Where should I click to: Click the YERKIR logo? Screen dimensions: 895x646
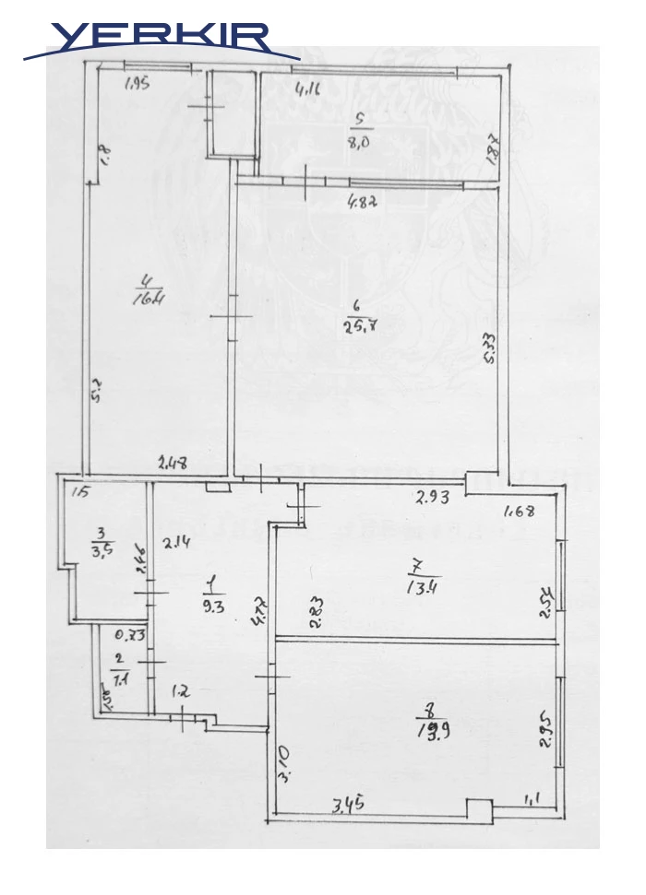[x=161, y=39]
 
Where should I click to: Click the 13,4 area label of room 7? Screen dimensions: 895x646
[x=423, y=583]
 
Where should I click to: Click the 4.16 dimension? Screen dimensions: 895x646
[x=307, y=90]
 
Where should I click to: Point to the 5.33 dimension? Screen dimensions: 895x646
[x=490, y=349]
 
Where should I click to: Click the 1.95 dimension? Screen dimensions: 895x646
[x=137, y=85]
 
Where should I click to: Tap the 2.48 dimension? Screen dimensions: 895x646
[x=173, y=464]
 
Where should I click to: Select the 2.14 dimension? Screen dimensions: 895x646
[x=175, y=543]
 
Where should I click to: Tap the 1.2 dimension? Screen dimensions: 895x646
[x=181, y=689]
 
